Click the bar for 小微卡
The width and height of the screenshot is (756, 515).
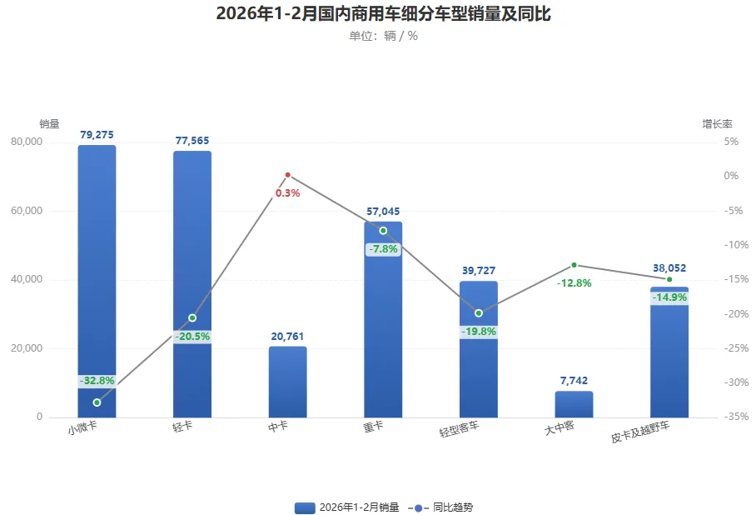coord(97,275)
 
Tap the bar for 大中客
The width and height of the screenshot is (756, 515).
coord(574,404)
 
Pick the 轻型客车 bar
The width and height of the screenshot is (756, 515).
coord(479,367)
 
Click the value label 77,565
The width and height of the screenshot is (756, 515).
coord(192,141)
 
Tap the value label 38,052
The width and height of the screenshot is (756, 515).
coord(669,268)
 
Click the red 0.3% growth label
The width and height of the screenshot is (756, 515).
coord(287,193)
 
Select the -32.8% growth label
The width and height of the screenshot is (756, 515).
coord(97,381)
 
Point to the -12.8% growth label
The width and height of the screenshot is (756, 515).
coord(574,283)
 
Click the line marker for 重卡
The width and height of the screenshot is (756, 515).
coord(383,230)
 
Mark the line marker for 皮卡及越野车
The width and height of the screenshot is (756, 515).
coord(669,279)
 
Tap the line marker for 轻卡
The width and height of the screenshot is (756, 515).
coord(192,317)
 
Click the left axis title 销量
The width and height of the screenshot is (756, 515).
coord(49,124)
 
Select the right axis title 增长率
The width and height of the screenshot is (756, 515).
coord(717,124)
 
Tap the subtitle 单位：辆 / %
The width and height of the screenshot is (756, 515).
coord(383,36)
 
